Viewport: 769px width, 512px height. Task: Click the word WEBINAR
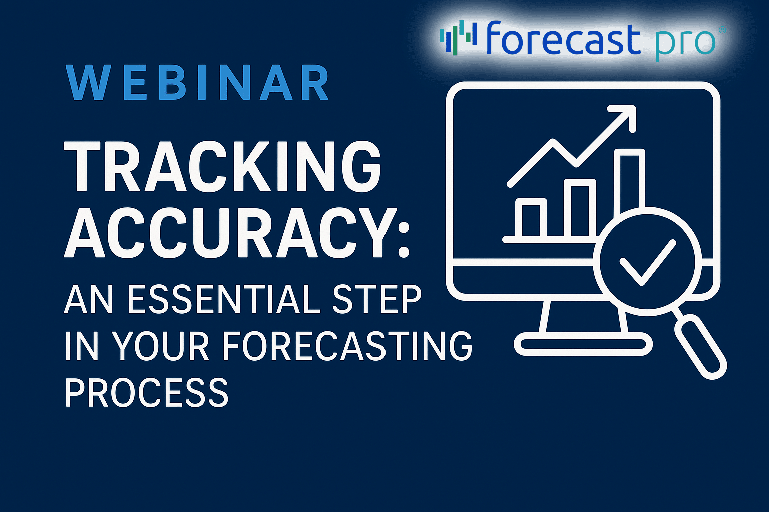click(197, 82)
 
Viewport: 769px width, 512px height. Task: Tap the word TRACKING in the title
click(222, 166)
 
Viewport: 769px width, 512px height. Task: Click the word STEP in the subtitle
click(376, 299)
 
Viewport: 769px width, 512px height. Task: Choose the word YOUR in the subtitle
click(161, 346)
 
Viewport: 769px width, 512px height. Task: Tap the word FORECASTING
click(347, 346)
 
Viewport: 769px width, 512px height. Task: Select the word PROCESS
click(147, 392)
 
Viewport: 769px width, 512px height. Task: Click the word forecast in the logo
click(564, 38)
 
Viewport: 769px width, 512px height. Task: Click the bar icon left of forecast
click(458, 37)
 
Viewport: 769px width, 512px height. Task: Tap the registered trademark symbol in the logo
click(722, 30)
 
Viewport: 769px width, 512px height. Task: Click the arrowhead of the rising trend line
click(625, 115)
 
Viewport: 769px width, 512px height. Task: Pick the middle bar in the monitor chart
click(580, 209)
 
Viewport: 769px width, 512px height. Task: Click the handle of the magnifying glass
click(700, 346)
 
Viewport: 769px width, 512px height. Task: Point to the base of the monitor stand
click(583, 344)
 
